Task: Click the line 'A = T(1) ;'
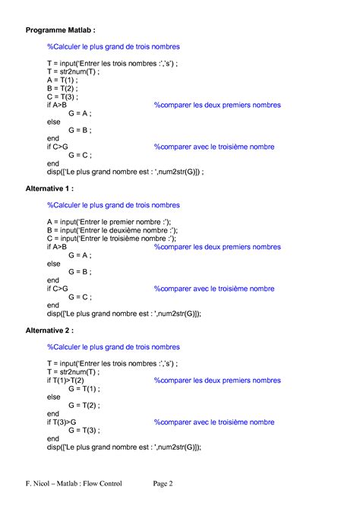tap(63, 80)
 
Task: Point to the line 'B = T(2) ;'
tap(63, 88)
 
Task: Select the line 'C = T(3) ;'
tap(63, 96)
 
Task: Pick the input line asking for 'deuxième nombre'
tap(112, 230)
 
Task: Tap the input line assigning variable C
tap(112, 239)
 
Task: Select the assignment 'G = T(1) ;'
tap(84, 388)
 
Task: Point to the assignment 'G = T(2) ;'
tap(84, 405)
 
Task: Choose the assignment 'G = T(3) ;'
tap(84, 430)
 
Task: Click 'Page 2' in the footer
tap(163, 483)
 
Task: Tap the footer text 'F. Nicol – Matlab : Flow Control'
tap(73, 483)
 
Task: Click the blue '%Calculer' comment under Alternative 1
tap(112, 204)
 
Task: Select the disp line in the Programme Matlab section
tap(125, 172)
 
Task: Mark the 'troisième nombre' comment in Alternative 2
tap(214, 422)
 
